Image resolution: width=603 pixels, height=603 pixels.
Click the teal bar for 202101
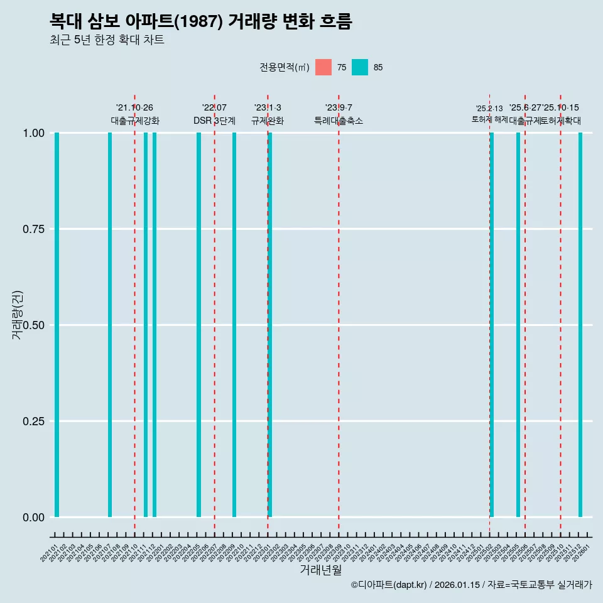point(57,325)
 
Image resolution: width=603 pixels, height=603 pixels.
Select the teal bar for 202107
point(110,325)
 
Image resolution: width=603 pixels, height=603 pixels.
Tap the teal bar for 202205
point(198,325)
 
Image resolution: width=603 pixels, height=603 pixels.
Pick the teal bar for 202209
point(234,325)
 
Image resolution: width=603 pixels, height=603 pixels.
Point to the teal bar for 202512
point(580,325)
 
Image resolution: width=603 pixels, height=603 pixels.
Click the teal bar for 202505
point(518,325)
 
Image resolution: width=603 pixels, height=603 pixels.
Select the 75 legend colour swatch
point(323,67)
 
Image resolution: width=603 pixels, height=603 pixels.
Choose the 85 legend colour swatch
point(360,67)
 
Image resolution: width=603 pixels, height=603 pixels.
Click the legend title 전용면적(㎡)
point(285,67)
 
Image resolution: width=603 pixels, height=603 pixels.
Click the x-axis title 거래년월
point(320,570)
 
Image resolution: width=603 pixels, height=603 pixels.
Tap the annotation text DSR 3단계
point(214,121)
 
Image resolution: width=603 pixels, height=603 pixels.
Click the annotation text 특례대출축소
point(339,121)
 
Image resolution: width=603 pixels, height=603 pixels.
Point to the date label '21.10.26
point(134,108)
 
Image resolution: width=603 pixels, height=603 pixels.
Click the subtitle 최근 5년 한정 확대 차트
point(107,40)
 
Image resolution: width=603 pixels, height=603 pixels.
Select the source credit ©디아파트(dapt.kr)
point(389,585)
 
